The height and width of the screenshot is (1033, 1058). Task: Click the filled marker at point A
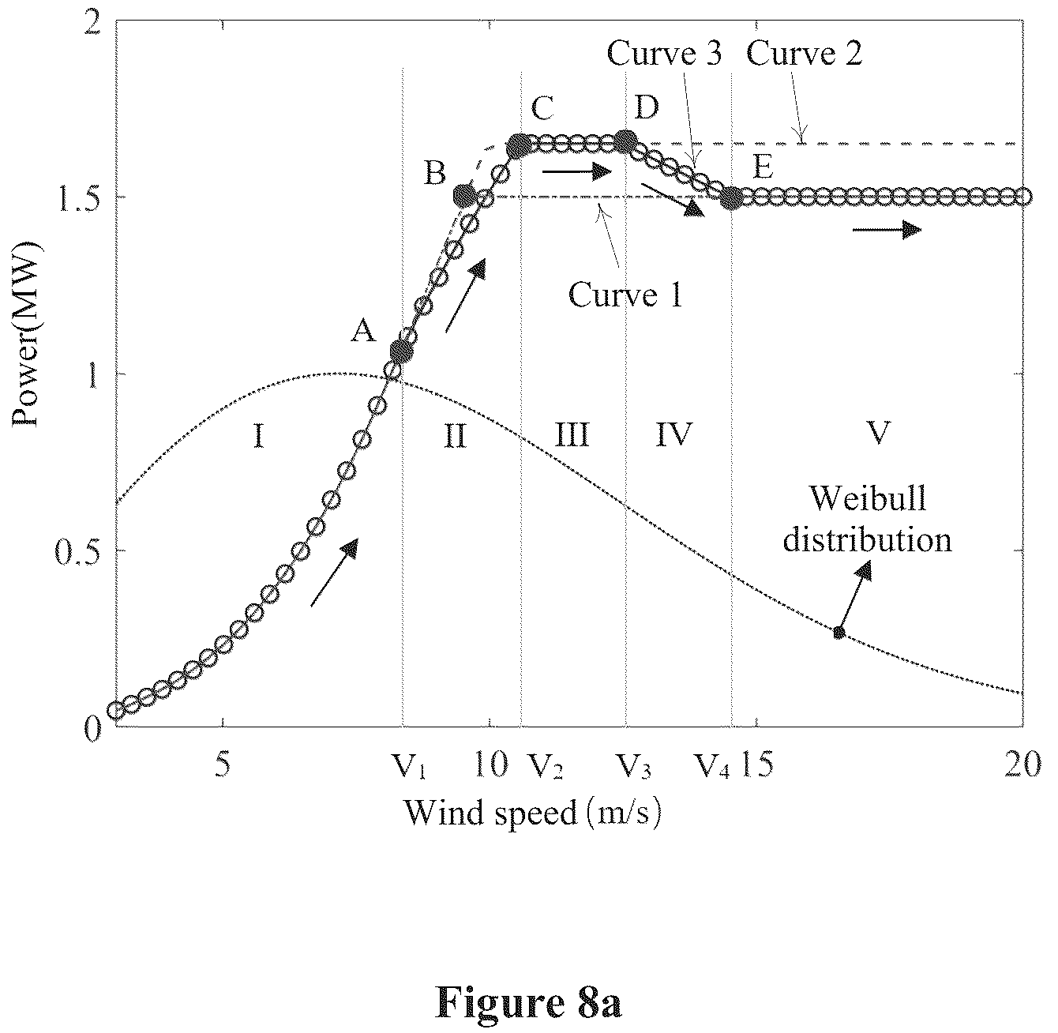click(x=402, y=353)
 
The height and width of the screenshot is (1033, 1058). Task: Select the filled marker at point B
click(x=463, y=196)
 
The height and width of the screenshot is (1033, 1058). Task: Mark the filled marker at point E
click(x=733, y=198)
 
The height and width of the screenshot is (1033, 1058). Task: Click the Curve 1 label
click(x=625, y=295)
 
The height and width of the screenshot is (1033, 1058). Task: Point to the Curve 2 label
click(x=805, y=54)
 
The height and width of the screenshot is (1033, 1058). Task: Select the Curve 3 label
click(x=664, y=54)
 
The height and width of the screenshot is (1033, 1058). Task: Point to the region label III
click(x=572, y=435)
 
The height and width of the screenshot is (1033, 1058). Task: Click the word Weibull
click(x=868, y=498)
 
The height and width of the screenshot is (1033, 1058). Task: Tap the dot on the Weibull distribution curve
click(x=839, y=633)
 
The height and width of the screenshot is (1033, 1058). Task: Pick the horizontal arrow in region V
click(x=887, y=230)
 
